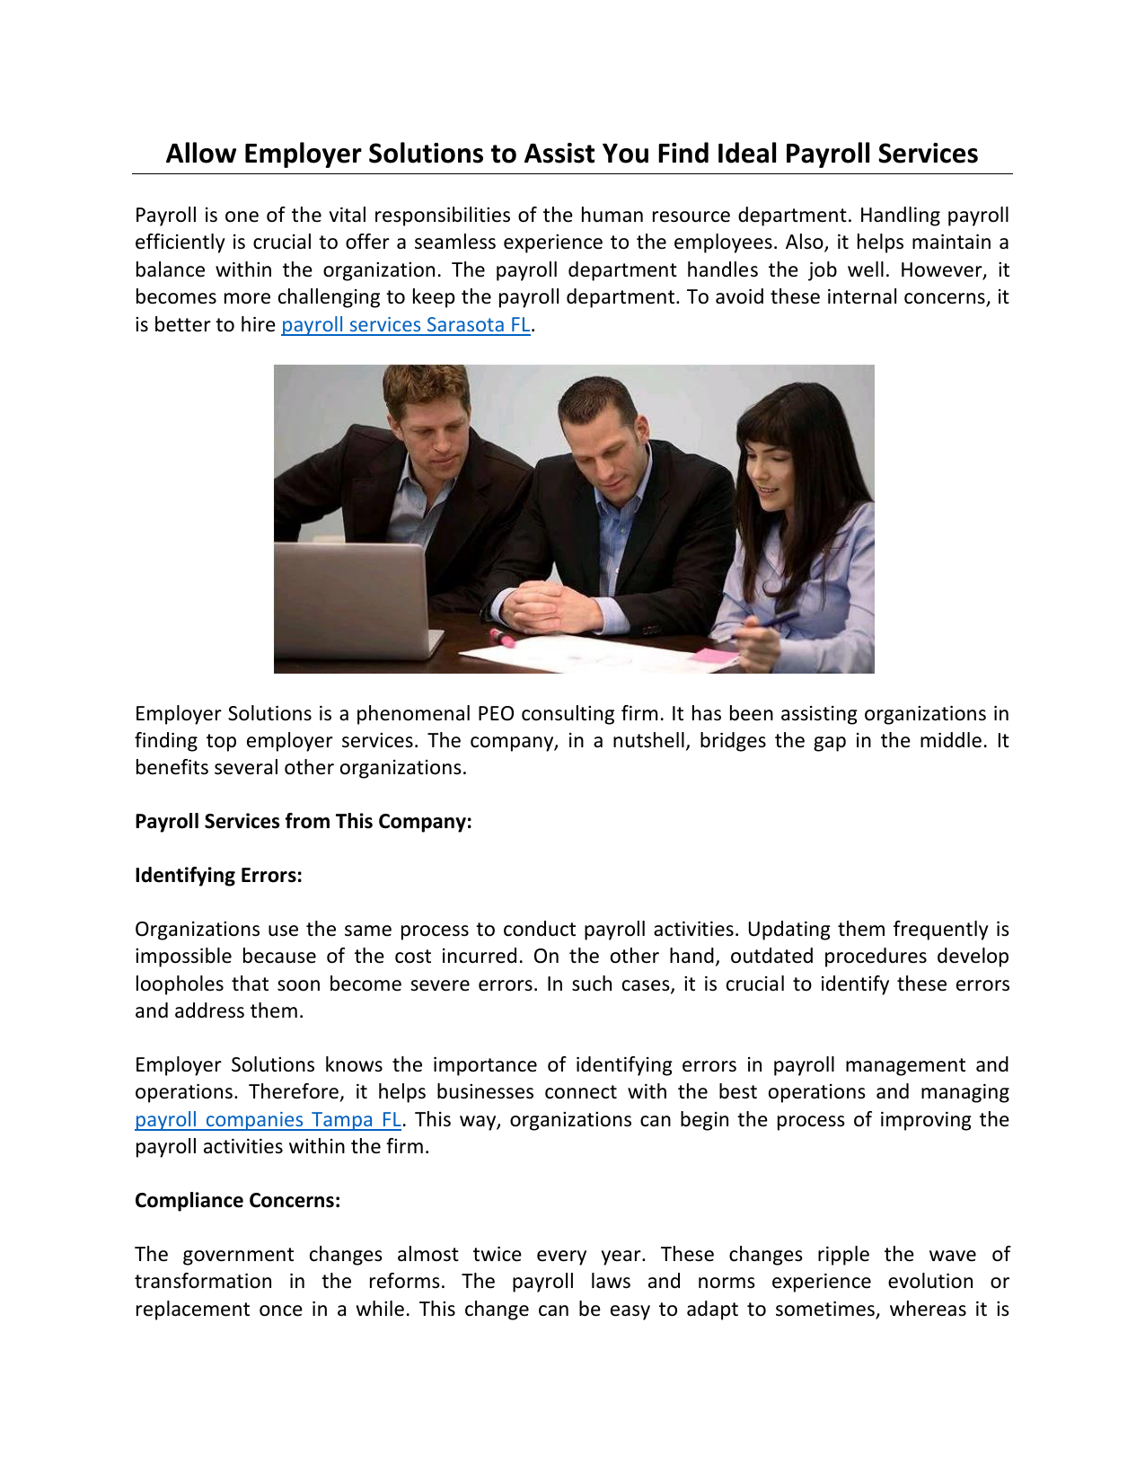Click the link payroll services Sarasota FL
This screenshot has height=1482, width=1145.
coord(406,325)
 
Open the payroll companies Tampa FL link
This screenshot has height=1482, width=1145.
coord(268,1120)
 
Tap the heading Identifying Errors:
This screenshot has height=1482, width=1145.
coord(218,876)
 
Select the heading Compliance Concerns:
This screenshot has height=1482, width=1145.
coord(237,1201)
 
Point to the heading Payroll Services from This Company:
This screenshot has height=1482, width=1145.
coord(303,822)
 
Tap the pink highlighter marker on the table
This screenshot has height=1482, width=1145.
coord(501,639)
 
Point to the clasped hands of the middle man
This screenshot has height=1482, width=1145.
coord(543,605)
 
